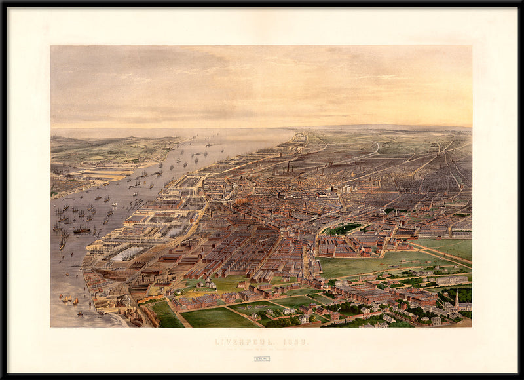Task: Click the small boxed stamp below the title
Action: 261,358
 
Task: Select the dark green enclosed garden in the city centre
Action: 343,229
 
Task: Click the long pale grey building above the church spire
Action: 451,280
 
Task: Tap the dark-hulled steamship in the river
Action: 82,230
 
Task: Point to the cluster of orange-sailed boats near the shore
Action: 68,299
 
